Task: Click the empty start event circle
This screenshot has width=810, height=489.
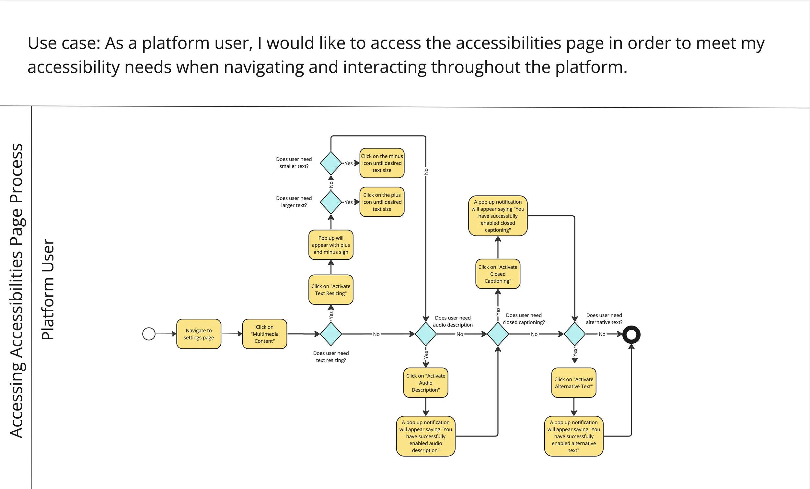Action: pos(149,334)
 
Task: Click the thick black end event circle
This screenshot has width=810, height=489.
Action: pos(631,334)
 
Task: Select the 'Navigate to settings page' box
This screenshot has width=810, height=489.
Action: pos(199,334)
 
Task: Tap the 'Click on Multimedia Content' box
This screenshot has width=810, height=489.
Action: pos(265,334)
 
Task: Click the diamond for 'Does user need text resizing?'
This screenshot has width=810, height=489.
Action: pos(331,334)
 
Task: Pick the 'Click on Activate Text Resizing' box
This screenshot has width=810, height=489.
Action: pos(331,290)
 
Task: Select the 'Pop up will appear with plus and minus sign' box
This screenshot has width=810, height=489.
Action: pos(331,245)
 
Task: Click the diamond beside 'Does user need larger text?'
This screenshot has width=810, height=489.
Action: pos(331,202)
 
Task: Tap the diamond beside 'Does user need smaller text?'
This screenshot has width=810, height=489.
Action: pos(331,163)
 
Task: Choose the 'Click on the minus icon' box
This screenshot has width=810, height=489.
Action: pos(382,163)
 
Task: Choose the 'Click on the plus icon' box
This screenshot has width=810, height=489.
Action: pos(382,202)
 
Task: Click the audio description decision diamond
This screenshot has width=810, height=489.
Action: pos(426,334)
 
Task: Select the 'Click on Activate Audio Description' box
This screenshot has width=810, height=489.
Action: pos(426,383)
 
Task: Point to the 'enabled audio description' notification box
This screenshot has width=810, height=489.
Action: pos(426,436)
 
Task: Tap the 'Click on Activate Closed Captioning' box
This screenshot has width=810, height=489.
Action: pos(498,274)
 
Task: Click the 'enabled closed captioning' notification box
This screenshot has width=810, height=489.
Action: pos(498,216)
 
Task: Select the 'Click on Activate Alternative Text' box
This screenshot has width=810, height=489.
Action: pos(573,383)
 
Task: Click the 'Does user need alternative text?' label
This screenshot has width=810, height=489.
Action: pos(604,318)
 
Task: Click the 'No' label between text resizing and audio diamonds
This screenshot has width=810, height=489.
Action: pos(376,334)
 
